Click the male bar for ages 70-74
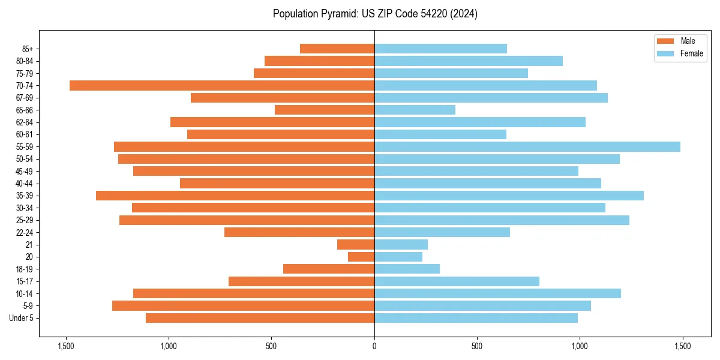point(222,85)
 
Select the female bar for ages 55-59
point(527,146)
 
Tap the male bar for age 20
point(361,257)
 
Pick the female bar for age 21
point(401,244)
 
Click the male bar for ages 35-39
point(235,196)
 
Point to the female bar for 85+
point(440,49)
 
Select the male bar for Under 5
point(260,318)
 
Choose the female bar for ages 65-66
point(415,110)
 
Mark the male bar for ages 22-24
point(299,232)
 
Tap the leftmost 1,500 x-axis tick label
point(65,347)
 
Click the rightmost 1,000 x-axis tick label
point(580,347)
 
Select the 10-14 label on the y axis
point(24,293)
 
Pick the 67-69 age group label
point(24,98)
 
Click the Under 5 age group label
point(22,318)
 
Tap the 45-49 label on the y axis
point(24,171)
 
